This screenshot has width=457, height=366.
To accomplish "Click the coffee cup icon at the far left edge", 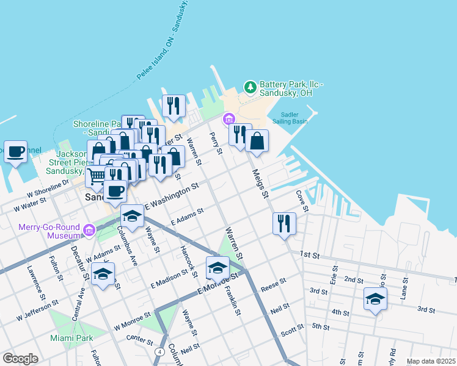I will [x=15, y=151].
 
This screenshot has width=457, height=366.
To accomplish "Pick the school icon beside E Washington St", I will [x=132, y=216].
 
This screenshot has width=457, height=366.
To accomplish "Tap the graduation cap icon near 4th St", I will [x=375, y=299].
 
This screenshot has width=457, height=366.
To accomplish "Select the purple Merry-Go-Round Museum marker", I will [x=89, y=231].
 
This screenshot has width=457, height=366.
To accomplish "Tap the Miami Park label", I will [x=71, y=337].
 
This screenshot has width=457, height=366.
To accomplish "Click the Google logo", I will [x=20, y=359].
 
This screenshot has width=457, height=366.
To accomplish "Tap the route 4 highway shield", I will [x=159, y=352].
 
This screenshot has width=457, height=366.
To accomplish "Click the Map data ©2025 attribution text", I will [x=431, y=361].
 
